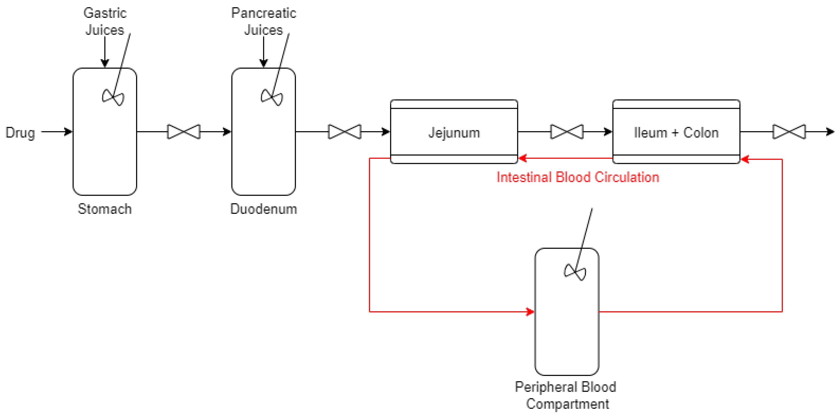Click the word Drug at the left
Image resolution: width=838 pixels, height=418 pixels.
coord(20,133)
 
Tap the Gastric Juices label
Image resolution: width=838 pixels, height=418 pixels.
coord(105,21)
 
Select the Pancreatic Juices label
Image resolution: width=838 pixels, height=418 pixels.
coord(263,21)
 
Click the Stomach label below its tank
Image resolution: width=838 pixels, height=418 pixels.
coord(105,209)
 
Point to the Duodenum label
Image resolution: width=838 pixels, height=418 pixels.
coord(263,209)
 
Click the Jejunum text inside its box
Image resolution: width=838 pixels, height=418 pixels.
coord(454,133)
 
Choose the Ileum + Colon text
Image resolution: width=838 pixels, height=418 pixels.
coord(676,133)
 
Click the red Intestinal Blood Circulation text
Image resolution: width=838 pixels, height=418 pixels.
coord(578,177)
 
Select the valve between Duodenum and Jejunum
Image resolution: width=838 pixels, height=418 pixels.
coord(344,132)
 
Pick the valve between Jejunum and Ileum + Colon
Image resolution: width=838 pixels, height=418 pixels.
coord(567,132)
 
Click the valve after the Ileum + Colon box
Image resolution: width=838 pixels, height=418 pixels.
coord(789,132)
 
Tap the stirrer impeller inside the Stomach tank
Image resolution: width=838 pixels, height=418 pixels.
coord(113,97)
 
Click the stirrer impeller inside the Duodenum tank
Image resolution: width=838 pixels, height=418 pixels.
coord(272,97)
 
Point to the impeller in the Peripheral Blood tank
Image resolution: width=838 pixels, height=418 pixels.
coord(575,272)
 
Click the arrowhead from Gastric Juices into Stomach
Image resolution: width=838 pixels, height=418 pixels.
coord(105,63)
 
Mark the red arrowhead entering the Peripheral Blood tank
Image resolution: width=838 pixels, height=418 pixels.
coord(530,312)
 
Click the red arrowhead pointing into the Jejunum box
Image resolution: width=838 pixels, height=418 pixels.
coord(522,158)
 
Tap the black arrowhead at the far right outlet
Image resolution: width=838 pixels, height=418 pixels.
coord(831,132)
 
